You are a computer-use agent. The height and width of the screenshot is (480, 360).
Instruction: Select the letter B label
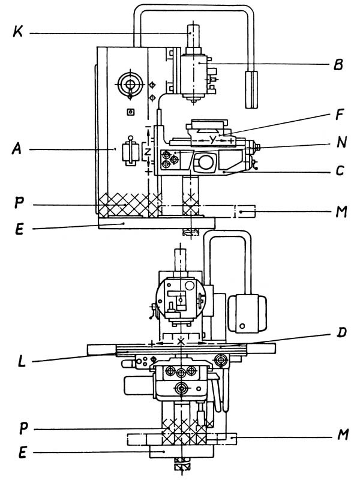(338, 64)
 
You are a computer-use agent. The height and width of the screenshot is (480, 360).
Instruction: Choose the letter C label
(340, 171)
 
